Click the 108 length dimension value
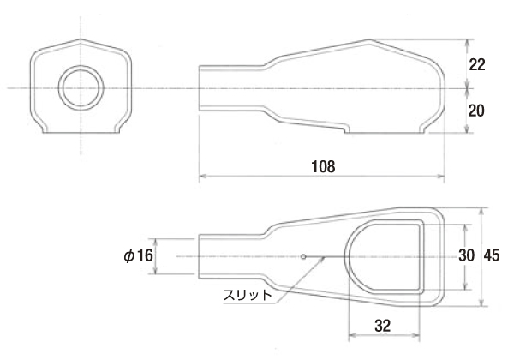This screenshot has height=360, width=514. click(x=321, y=165)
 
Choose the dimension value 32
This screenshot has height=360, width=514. click(x=382, y=326)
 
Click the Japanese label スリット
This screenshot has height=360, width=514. click(x=248, y=294)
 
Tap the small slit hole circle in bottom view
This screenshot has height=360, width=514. click(x=303, y=255)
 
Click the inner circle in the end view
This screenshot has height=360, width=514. click(x=80, y=88)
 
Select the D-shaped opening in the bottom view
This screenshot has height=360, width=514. click(x=385, y=255)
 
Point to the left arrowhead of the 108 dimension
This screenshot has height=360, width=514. click(x=203, y=178)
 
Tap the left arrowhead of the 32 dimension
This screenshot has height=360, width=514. click(x=351, y=339)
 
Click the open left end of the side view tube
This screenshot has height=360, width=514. click(x=200, y=88)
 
